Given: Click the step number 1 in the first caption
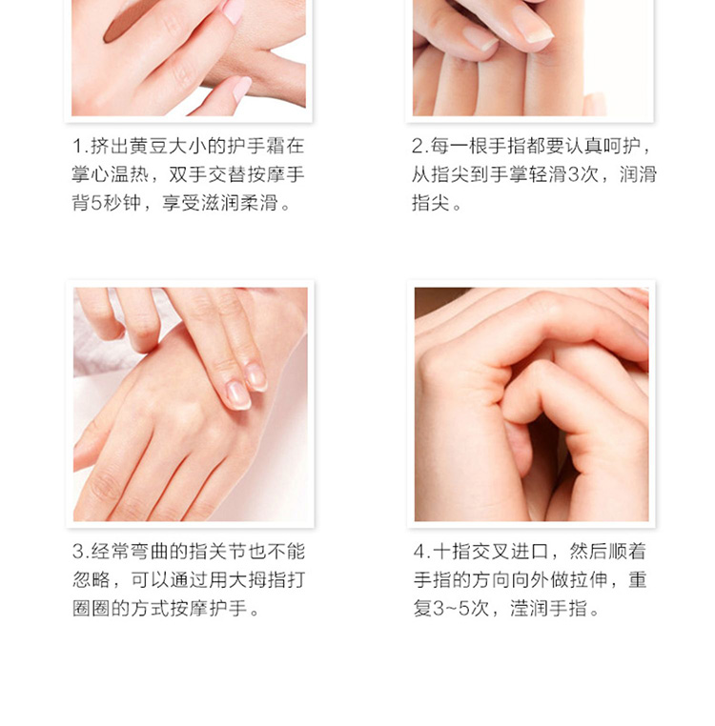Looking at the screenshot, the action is (x=77, y=147).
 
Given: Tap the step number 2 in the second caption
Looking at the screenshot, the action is (x=418, y=147).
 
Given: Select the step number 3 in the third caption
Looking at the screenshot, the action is (x=78, y=552).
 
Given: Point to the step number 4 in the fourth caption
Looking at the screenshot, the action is (x=419, y=552).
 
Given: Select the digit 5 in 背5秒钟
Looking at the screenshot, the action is (x=96, y=203).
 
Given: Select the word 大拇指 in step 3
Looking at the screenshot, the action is (x=257, y=580).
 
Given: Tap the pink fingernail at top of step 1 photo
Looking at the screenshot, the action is (x=233, y=11).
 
